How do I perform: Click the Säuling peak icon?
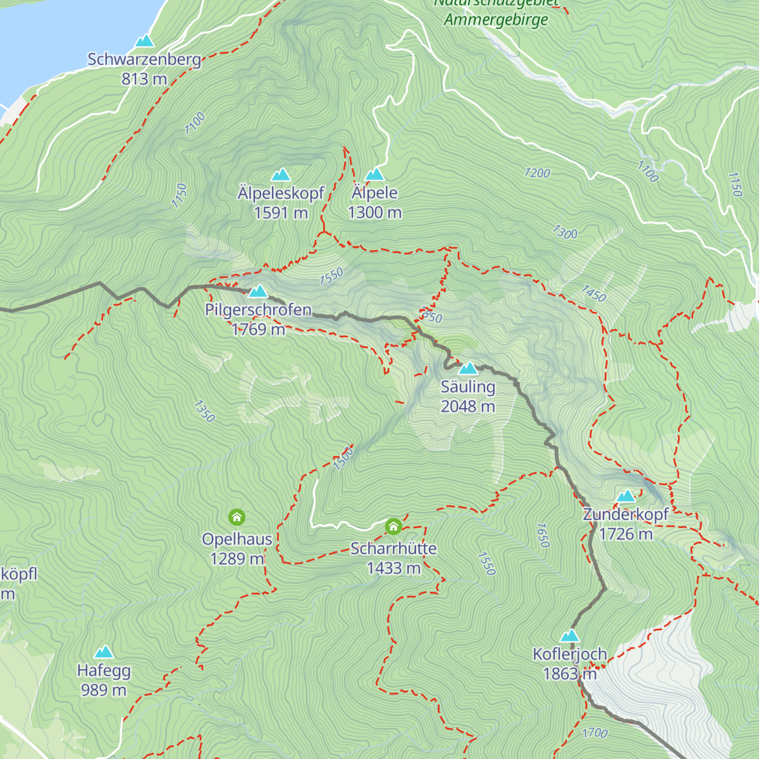(x=468, y=368)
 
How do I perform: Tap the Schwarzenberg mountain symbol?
(x=145, y=41)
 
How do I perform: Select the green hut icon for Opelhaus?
(x=237, y=517)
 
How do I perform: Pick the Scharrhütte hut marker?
(x=393, y=526)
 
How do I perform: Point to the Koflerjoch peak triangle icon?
(x=570, y=636)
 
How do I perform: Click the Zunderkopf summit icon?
(x=626, y=496)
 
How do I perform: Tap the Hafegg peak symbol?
(x=104, y=652)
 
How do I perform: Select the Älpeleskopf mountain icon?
(x=281, y=175)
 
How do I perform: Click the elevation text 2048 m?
(x=468, y=407)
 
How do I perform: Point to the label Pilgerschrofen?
(x=258, y=310)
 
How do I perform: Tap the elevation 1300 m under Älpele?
(x=374, y=213)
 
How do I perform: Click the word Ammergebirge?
(x=496, y=20)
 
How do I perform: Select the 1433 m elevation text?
(x=393, y=568)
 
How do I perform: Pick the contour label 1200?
(x=537, y=173)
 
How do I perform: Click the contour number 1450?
(x=593, y=293)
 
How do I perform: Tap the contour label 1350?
(x=204, y=411)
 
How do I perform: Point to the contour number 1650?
(x=542, y=535)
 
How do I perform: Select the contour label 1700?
(x=595, y=733)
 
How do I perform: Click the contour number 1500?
(x=343, y=459)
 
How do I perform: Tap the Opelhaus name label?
(x=237, y=540)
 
